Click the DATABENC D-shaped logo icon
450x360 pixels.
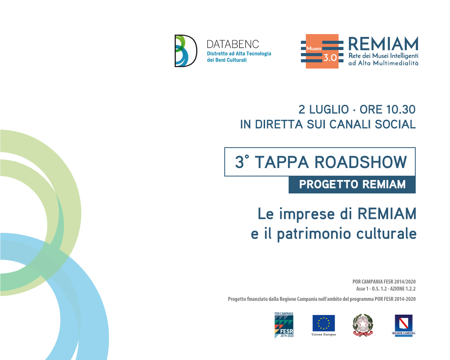[x=186, y=51]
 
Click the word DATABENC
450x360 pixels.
[x=233, y=44]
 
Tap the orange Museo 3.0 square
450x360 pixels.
[x=322, y=51]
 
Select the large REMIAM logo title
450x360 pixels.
[x=383, y=44]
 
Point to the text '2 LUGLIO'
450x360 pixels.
[x=323, y=110]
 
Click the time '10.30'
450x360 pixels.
[x=401, y=110]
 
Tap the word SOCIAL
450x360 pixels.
[x=395, y=124]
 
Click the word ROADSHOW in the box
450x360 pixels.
[x=361, y=162]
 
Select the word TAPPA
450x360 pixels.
[x=282, y=162]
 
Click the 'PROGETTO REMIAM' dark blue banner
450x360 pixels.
[x=352, y=185]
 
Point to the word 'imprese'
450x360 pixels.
[x=307, y=214]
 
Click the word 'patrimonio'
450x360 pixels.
[x=314, y=234]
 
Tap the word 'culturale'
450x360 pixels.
[x=386, y=233]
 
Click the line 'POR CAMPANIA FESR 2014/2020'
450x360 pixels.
[x=384, y=282]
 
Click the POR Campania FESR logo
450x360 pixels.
[x=284, y=325]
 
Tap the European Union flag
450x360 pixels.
[x=323, y=323]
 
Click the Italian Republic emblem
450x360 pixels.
[x=363, y=325]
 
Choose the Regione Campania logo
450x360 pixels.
[x=404, y=326]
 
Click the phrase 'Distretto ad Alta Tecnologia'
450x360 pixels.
[x=239, y=54]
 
